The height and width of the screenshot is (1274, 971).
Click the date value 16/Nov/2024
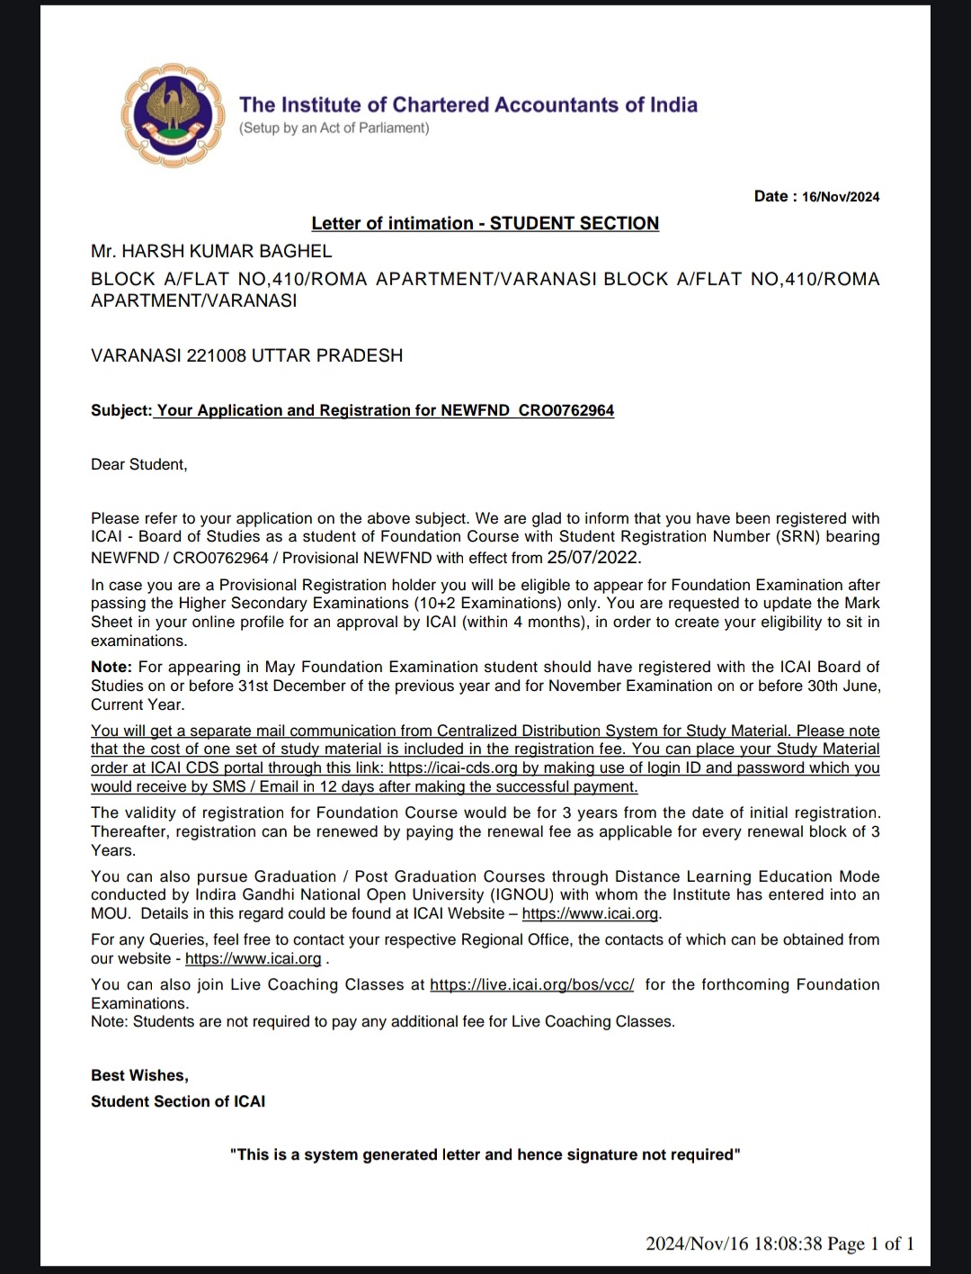(840, 197)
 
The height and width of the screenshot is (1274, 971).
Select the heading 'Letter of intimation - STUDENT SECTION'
(485, 223)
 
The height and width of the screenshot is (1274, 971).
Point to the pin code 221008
(217, 355)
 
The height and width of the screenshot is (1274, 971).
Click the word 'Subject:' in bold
(121, 410)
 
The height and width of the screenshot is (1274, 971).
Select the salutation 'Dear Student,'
(139, 464)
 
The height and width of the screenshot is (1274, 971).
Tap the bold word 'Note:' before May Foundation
(111, 667)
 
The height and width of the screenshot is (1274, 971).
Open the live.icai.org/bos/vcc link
(531, 984)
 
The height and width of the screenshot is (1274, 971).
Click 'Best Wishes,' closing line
(139, 1075)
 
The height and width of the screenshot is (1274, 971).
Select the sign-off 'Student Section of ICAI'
(178, 1101)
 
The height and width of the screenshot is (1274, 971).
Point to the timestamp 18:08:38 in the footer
(788, 1244)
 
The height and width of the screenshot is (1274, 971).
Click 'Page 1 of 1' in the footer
(870, 1244)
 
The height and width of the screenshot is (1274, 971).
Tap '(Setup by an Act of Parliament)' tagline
(334, 128)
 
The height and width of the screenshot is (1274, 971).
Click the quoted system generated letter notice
(485, 1154)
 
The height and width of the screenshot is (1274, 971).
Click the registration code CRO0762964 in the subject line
(566, 410)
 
